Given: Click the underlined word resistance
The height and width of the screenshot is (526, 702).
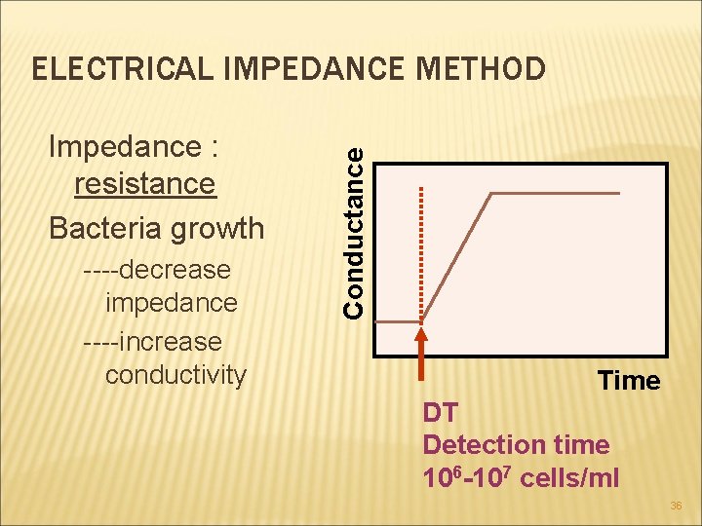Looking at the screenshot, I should coord(144,183).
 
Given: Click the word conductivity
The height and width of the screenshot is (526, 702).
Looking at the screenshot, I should coord(175,375).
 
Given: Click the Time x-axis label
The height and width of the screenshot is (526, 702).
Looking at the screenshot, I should coord(629,381).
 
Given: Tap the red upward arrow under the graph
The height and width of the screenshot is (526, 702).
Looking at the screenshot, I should coord(421,354).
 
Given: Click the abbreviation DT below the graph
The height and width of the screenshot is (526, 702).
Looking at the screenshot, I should coord(440,412).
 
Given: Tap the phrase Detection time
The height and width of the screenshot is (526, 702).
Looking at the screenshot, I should coord(516,445).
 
